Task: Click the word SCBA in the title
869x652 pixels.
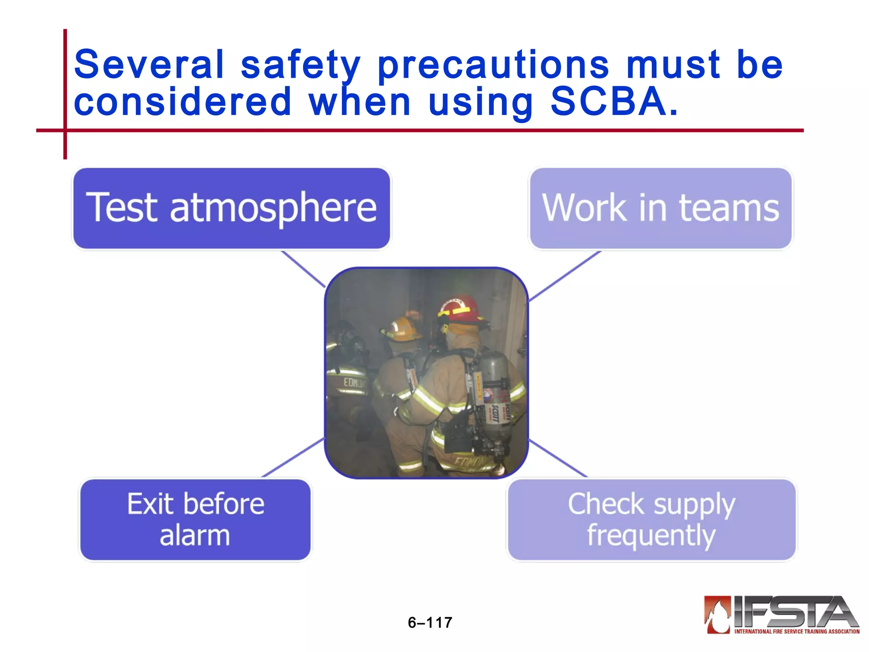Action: tap(608, 102)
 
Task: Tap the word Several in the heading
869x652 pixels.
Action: tap(149, 65)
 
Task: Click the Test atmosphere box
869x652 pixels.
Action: tap(231, 208)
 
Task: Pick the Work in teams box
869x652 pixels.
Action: tap(661, 208)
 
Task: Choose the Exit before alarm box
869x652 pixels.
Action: tap(195, 519)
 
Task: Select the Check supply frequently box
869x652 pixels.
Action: tap(651, 519)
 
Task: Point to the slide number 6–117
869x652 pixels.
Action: tap(430, 622)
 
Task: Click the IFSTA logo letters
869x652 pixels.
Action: tap(793, 612)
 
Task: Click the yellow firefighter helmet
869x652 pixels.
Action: tap(401, 329)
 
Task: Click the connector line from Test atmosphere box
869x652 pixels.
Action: tap(303, 269)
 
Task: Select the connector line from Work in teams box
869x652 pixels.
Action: tap(564, 276)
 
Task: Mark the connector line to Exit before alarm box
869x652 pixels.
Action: tap(293, 458)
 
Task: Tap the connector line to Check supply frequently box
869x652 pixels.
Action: tap(558, 458)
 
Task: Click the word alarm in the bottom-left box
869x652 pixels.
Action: tap(195, 535)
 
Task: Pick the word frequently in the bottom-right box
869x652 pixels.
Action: tap(651, 536)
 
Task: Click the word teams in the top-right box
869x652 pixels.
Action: tap(729, 208)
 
